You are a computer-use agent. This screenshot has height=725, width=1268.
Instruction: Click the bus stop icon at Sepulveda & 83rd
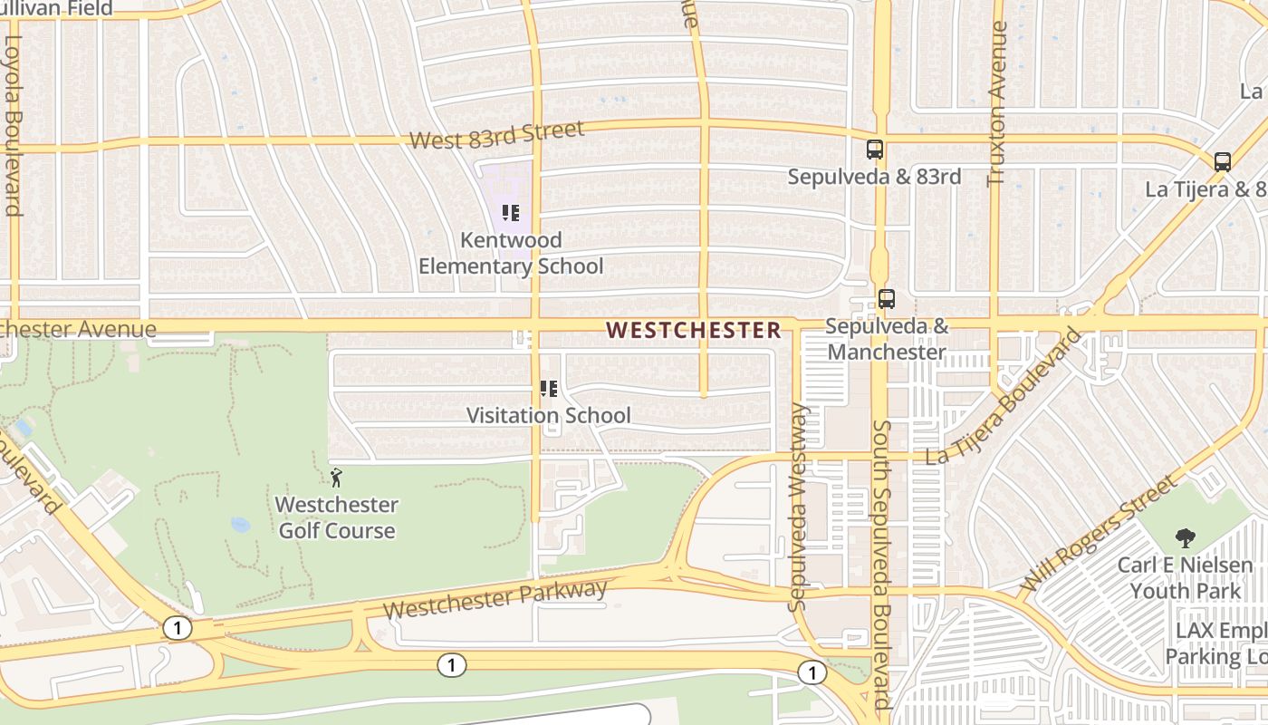[874, 150]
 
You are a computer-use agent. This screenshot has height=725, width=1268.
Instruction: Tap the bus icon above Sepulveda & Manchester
[886, 298]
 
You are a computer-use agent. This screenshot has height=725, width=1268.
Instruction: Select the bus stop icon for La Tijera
[1222, 162]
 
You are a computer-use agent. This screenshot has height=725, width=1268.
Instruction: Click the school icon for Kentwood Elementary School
[510, 213]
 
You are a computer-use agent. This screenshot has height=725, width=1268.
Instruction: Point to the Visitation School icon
[548, 389]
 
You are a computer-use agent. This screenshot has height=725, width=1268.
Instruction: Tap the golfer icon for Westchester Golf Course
[336, 478]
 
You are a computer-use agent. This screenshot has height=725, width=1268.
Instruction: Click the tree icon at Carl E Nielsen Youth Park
[1185, 538]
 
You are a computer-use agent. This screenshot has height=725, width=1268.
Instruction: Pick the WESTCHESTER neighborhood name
[694, 330]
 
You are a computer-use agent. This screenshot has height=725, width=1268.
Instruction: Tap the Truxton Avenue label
[997, 103]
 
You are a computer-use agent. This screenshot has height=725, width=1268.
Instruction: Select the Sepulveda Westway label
[797, 507]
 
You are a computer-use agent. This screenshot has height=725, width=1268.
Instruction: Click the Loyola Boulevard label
[13, 125]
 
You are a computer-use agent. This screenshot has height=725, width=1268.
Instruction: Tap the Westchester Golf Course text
[336, 517]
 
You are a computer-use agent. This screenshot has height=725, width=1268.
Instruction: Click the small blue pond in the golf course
[240, 525]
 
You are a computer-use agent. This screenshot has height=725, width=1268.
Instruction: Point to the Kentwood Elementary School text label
[511, 253]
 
